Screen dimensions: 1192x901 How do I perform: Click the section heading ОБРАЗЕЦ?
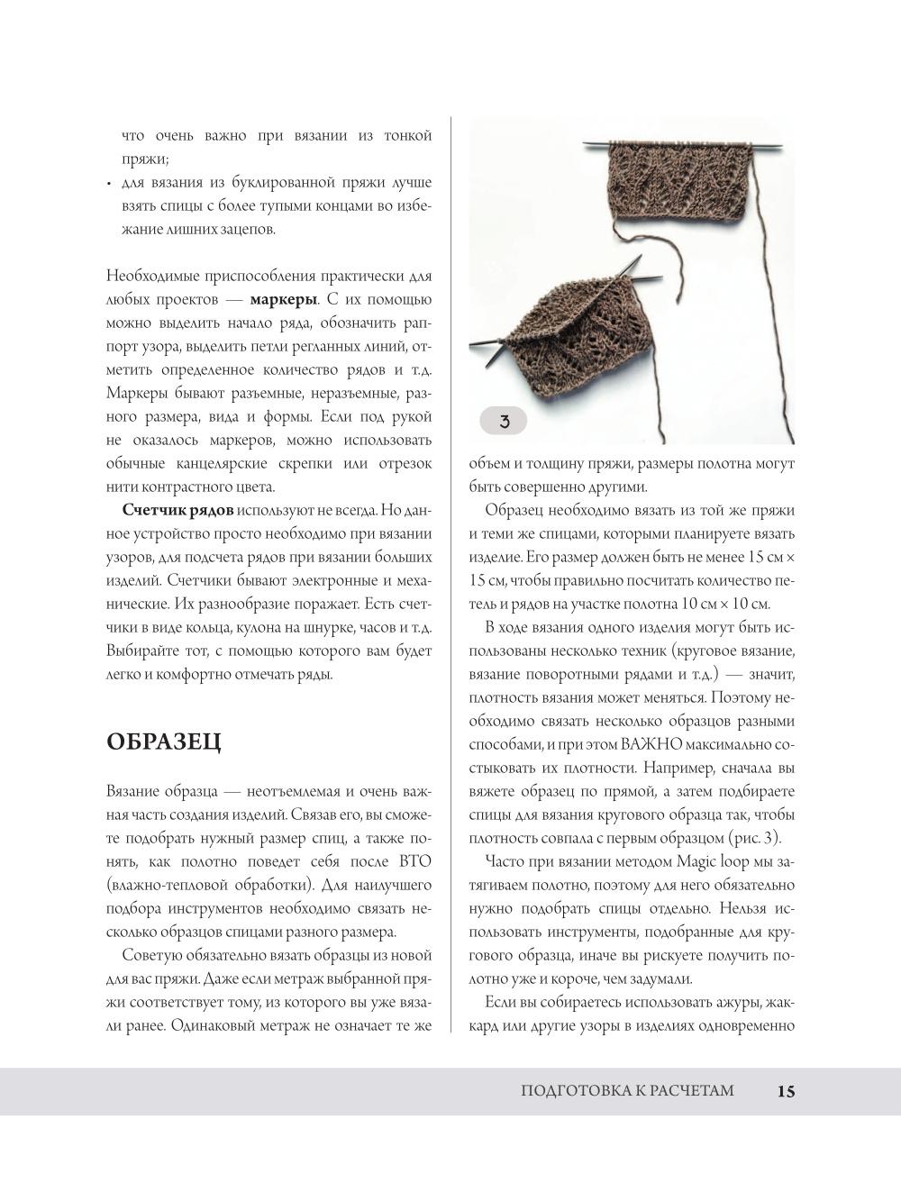click(163, 742)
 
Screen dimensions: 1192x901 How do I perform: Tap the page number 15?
click(785, 1091)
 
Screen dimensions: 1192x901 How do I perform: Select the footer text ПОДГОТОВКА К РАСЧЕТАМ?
click(627, 1091)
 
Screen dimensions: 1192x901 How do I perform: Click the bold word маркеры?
click(283, 299)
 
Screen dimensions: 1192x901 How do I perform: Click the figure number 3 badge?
click(504, 421)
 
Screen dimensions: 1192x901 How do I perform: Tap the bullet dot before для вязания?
click(109, 184)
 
